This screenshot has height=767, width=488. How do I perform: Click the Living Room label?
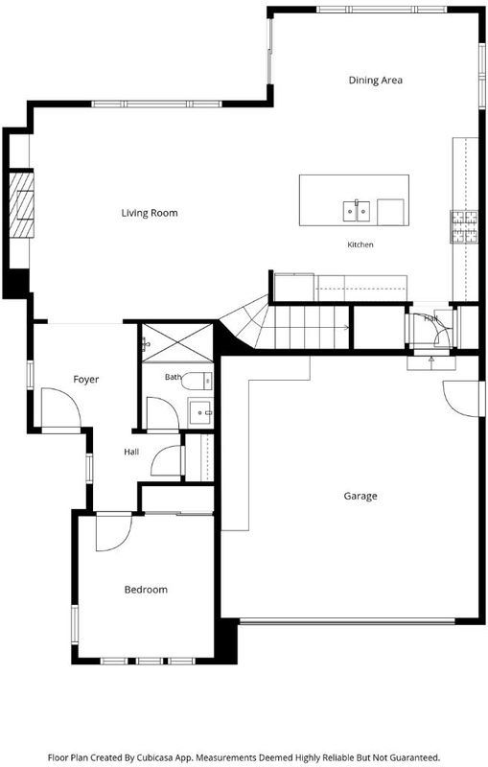pos(150,213)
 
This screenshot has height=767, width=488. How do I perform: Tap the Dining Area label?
pos(376,80)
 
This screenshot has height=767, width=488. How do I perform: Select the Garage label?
pos(360,496)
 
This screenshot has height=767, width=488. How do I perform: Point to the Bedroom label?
pos(146,590)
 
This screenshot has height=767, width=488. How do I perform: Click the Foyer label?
pos(86,379)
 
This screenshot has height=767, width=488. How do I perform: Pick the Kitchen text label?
pos(360,244)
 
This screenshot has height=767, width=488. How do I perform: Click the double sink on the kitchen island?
pos(356,211)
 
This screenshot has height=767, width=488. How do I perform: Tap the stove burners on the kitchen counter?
pos(463,226)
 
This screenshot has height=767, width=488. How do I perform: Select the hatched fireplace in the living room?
pos(22,203)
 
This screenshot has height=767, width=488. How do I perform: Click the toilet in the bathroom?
pos(198,381)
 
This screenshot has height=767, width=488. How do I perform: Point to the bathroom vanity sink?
pos(200,413)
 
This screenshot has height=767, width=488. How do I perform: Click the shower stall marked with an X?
pos(177,342)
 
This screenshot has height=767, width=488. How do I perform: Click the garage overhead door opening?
pos(347,621)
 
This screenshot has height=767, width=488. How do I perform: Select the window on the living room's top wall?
pos(156,104)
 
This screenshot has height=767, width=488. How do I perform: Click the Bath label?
pos(174,377)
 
